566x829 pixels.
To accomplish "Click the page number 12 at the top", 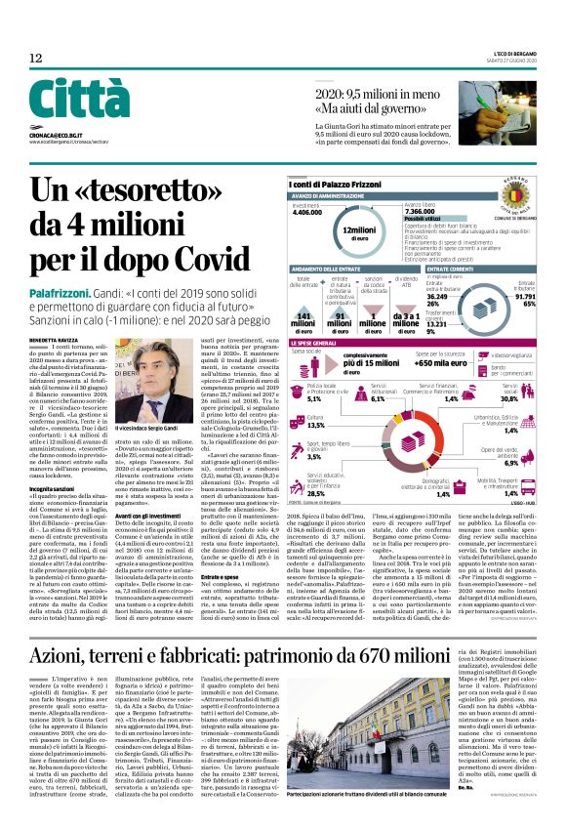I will coord(36,59).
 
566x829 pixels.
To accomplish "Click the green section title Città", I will coord(80,100).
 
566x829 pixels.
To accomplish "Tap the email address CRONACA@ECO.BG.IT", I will coord(61,138).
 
